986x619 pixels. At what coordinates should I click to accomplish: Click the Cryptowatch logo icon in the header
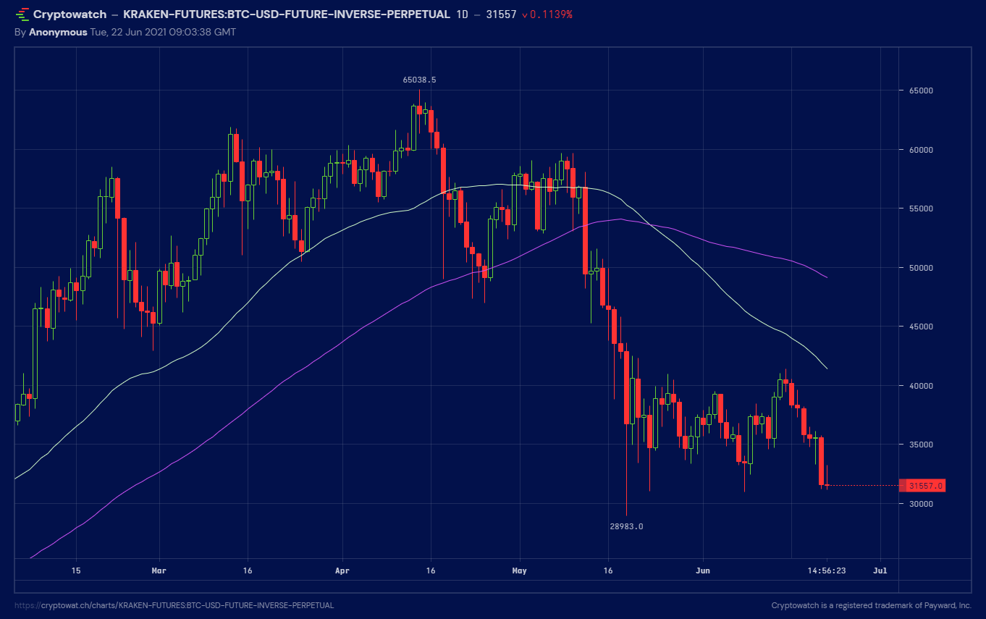22,14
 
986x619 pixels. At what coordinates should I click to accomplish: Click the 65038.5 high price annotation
419,80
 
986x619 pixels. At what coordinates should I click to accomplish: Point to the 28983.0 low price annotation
626,526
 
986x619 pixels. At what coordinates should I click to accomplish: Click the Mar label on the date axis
159,570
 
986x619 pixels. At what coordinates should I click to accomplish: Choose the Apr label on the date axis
342,570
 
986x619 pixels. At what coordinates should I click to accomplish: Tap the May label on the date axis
519,570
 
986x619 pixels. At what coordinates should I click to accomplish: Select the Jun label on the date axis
702,570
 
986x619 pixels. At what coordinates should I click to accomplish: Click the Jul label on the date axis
880,570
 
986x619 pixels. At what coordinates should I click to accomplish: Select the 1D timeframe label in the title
462,14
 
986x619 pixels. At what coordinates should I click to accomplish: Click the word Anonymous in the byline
58,32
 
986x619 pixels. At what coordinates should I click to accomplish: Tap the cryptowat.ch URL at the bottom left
174,605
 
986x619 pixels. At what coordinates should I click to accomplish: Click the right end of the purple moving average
827,277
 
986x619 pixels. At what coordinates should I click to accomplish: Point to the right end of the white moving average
827,369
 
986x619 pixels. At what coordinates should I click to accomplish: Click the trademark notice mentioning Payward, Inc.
871,605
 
